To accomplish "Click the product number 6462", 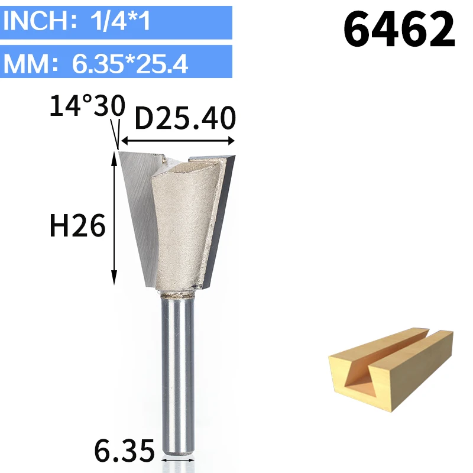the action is pyautogui.click(x=399, y=28).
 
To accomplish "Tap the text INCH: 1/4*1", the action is pyautogui.click(x=77, y=21).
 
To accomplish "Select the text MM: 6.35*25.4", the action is pyautogui.click(x=96, y=64).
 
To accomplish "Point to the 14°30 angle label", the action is pyautogui.click(x=87, y=105).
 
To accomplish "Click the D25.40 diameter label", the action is pyautogui.click(x=185, y=118).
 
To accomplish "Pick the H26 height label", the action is pyautogui.click(x=77, y=225).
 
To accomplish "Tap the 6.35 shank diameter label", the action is pyautogui.click(x=124, y=451).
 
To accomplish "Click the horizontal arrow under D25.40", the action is pyautogui.click(x=178, y=141).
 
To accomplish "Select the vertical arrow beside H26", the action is pyautogui.click(x=114, y=218).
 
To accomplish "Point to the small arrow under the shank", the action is pyautogui.click(x=178, y=460).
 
